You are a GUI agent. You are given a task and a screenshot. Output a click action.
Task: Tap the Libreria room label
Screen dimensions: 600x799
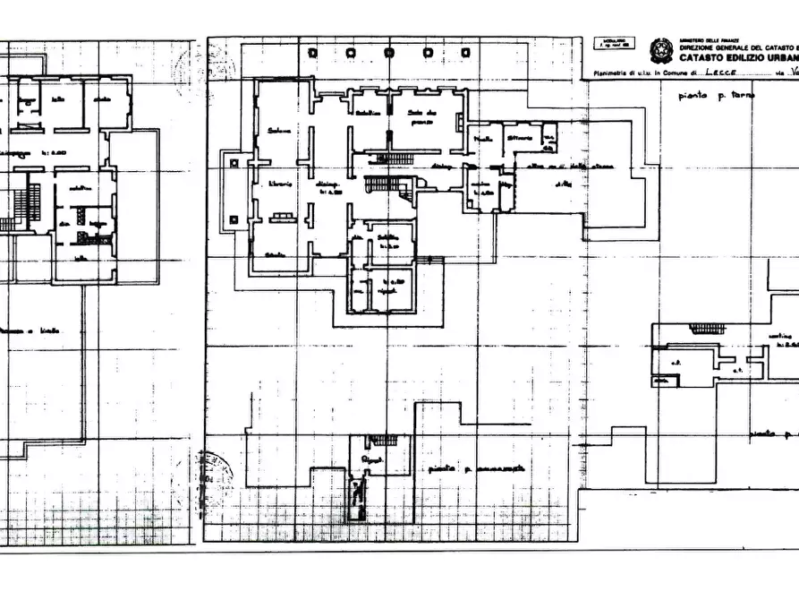coord(282,184)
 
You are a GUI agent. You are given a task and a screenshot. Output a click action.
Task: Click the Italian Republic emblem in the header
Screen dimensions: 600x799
coord(662,50)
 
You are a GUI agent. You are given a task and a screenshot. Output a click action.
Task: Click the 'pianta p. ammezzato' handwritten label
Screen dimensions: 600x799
coord(475,468)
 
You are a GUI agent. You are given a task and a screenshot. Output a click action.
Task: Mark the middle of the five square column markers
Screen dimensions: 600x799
coord(388,53)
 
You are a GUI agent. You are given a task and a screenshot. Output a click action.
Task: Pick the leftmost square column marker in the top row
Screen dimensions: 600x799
coord(312,53)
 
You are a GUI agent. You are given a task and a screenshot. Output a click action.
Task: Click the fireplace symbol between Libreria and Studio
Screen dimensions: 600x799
coord(282,216)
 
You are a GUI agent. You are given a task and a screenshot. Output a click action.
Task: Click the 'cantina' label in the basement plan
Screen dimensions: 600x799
coord(784,337)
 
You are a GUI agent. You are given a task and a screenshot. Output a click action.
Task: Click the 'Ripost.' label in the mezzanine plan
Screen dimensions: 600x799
coord(371,458)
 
